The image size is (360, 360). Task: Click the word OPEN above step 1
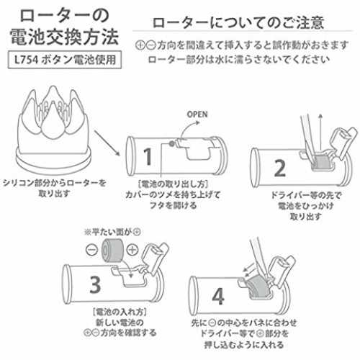197,114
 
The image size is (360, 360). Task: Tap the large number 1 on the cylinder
148,156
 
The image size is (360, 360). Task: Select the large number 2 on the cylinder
280,168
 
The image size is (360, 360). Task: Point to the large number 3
95,284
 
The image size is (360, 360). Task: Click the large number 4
218,296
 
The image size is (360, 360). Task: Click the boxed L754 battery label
65,60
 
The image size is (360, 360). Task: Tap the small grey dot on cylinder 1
172,144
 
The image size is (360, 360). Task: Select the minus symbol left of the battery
92,250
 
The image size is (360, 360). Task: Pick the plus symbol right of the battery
132,250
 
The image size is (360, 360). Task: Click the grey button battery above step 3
112,250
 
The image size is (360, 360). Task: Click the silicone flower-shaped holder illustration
53,127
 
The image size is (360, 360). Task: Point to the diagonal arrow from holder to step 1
107,143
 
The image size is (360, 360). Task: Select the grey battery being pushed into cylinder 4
258,286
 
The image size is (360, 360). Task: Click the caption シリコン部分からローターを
55,183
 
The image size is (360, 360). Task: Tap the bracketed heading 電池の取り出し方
173,184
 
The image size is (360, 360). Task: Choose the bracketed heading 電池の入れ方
120,312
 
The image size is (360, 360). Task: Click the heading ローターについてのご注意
238,22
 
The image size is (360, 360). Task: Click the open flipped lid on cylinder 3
155,257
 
